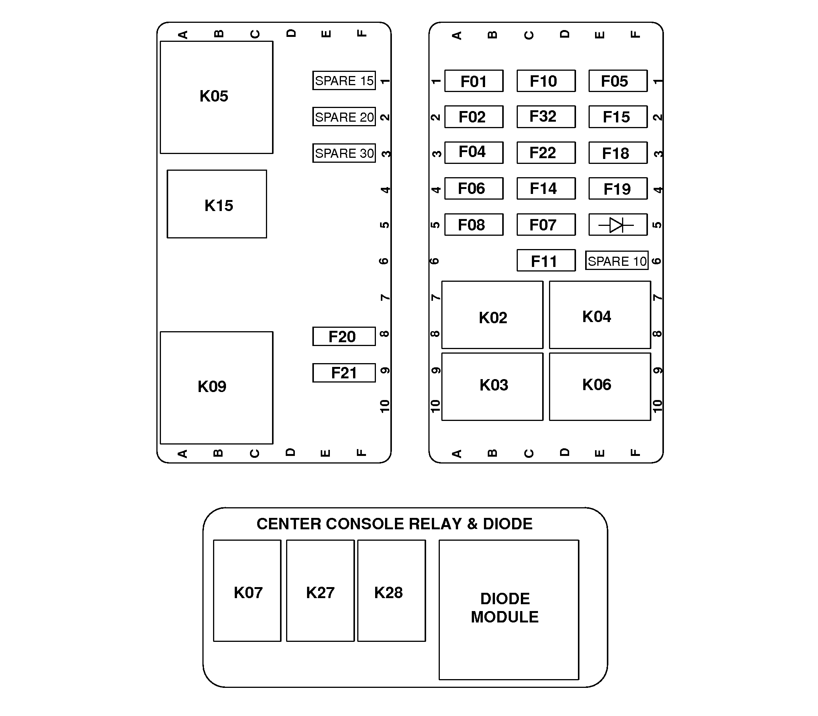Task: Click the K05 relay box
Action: pos(216,97)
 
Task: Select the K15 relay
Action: pos(217,204)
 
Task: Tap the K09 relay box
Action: pos(216,387)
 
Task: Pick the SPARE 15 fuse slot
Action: pos(344,81)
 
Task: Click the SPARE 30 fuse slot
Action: pos(344,153)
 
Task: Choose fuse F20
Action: pos(344,337)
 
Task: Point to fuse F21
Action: pos(344,373)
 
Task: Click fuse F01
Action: pos(474,81)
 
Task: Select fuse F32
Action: pos(546,117)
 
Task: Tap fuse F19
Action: pos(618,189)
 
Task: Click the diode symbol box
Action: pos(618,225)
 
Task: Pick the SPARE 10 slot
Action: pos(616,261)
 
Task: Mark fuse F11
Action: pos(546,260)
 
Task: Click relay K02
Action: pos(492,315)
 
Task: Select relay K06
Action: pos(600,386)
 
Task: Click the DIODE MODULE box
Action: pos(509,610)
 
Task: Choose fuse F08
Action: pos(474,225)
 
